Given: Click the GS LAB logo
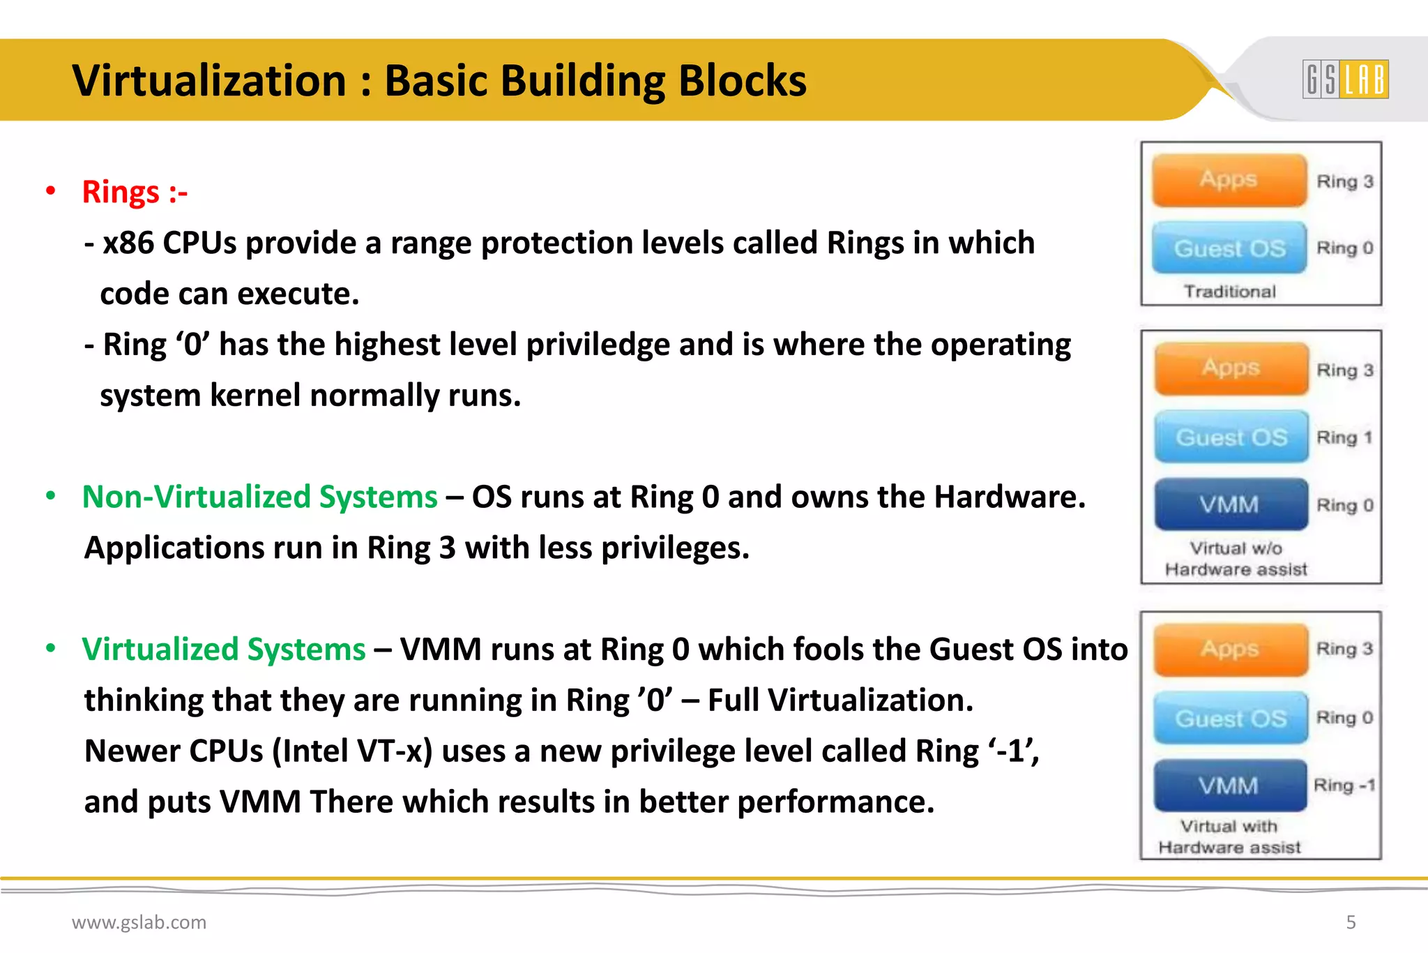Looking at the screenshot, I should coord(1345,79).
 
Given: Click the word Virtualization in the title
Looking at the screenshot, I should coord(209,81).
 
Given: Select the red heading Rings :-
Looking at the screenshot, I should coord(135,192).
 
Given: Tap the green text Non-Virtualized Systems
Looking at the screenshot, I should coord(259,497).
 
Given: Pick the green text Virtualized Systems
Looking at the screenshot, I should coord(223,649).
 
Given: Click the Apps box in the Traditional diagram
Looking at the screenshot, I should coord(1229,180).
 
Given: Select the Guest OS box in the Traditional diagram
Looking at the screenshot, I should coord(1229,248).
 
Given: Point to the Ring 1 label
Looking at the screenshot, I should coord(1344,437).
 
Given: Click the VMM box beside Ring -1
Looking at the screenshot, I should coord(1229,786).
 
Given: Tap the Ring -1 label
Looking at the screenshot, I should coord(1344,786).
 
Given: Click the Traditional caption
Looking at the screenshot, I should coord(1229,292).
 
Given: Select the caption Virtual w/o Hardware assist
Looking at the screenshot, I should coord(1236,559).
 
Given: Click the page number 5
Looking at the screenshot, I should coord(1351,922).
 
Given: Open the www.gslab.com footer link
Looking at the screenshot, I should coord(139,922).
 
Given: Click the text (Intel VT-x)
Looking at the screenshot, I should coord(352,751).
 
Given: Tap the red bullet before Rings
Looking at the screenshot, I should coord(50,191).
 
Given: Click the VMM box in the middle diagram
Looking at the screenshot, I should coord(1231,504).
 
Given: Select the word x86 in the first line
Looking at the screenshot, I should coord(128,243).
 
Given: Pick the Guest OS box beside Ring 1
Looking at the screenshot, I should coord(1231,437).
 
